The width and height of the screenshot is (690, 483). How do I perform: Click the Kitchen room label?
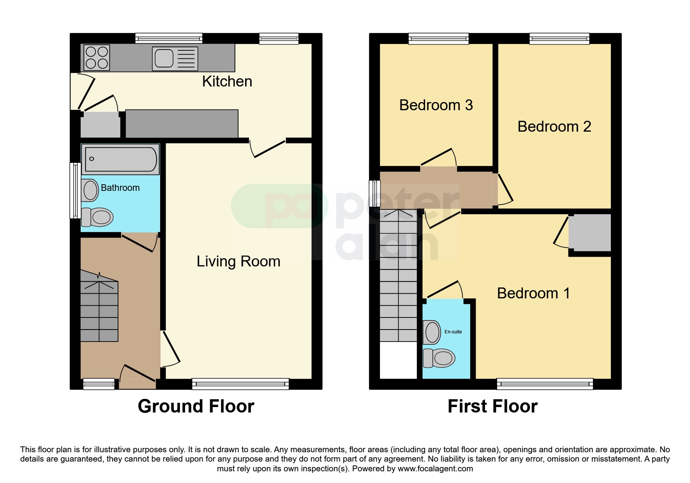pyautogui.click(x=227, y=81)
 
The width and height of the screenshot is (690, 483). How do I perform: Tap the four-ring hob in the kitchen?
pyautogui.click(x=97, y=58)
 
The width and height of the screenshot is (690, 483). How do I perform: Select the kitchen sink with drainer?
pyautogui.click(x=175, y=59)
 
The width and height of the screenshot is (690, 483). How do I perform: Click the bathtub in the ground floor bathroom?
pyautogui.click(x=120, y=159)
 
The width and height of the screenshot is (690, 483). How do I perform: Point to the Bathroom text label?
pyautogui.click(x=120, y=188)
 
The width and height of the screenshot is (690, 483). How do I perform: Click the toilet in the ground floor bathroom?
pyautogui.click(x=98, y=217)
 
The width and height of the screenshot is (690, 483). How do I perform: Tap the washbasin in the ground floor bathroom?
pyautogui.click(x=90, y=190)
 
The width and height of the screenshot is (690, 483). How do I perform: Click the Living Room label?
pyautogui.click(x=238, y=261)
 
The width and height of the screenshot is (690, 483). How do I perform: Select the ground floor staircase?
pyautogui.click(x=99, y=308)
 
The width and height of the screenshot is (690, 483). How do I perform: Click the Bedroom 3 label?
pyautogui.click(x=436, y=105)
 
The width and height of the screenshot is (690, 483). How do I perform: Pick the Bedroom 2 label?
pyautogui.click(x=554, y=127)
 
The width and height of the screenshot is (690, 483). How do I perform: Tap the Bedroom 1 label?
pyautogui.click(x=533, y=293)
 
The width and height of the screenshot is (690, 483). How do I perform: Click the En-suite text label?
pyautogui.click(x=453, y=332)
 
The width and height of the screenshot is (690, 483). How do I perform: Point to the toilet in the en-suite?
pyautogui.click(x=439, y=358)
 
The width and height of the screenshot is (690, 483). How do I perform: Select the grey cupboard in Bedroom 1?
pyautogui.click(x=590, y=233)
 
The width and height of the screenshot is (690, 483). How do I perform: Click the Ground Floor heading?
pyautogui.click(x=196, y=406)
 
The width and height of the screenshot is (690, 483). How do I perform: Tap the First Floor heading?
pyautogui.click(x=492, y=406)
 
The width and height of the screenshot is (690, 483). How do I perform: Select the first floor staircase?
pyautogui.click(x=398, y=277)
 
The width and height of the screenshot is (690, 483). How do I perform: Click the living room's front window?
pyautogui.click(x=240, y=384)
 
